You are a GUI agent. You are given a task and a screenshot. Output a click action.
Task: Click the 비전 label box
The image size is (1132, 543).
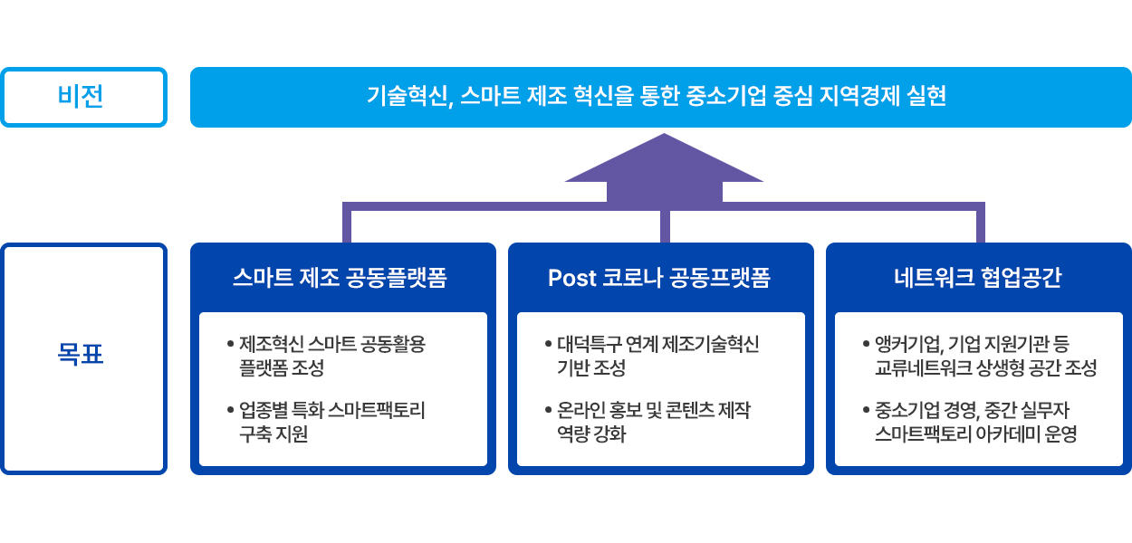(x=83, y=97)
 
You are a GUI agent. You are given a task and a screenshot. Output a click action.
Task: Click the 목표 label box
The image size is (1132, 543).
(x=83, y=357)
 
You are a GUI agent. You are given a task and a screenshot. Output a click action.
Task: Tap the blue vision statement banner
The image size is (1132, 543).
(x=660, y=96)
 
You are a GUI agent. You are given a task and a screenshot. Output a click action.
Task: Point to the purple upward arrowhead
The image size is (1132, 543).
(x=664, y=163)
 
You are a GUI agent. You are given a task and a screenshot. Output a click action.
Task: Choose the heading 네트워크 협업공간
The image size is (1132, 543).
(x=977, y=278)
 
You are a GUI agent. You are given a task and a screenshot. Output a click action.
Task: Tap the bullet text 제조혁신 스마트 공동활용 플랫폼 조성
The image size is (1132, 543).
(x=331, y=356)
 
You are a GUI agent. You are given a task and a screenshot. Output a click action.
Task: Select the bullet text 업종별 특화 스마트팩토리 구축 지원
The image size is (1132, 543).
(x=331, y=423)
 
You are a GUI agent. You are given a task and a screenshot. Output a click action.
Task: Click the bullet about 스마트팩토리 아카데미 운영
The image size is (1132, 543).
(x=974, y=423)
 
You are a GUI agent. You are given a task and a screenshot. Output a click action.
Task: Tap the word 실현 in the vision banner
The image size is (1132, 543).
(x=926, y=96)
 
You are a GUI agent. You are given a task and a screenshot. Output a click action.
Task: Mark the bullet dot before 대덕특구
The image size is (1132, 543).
(x=549, y=345)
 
